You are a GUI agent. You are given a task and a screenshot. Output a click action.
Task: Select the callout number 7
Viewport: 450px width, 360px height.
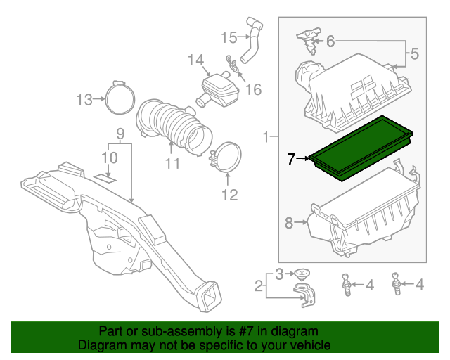pos(291,159)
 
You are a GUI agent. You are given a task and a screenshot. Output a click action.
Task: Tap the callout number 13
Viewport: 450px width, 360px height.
pos(84,100)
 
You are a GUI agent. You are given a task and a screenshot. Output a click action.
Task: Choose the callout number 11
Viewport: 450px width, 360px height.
pos(172,164)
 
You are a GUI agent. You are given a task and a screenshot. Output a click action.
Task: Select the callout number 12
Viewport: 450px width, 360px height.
pos(230,193)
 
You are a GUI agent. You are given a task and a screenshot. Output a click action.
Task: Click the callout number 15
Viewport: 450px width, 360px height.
pos(230,37)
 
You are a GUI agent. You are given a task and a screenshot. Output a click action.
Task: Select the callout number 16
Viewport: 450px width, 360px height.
pos(252,89)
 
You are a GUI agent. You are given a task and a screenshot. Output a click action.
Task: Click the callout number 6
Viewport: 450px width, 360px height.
pos(331,41)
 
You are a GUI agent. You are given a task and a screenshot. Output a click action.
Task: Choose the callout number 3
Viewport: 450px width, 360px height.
pos(280,274)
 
